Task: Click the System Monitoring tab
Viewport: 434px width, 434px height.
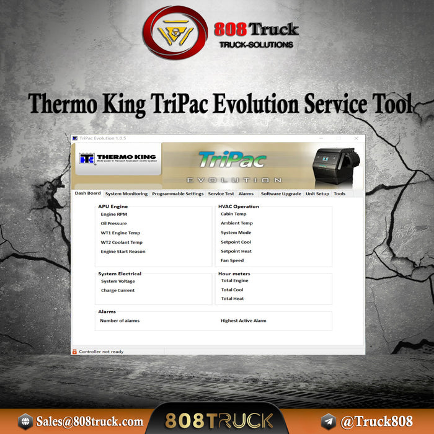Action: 126,194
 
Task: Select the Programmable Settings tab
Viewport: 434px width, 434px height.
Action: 177,194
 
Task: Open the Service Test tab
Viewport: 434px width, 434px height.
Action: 221,194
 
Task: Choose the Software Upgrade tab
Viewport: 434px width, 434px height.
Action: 281,194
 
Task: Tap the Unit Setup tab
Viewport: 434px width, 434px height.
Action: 317,194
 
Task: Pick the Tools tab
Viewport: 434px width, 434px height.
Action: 340,194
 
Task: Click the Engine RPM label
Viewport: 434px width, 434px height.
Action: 114,214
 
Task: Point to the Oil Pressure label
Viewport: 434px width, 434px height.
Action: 113,223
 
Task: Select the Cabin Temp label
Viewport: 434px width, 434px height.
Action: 233,214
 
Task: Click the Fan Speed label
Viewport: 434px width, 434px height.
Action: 232,260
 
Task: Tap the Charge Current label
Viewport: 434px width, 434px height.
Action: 118,290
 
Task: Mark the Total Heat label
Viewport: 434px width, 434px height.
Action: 232,299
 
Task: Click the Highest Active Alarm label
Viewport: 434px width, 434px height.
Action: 244,321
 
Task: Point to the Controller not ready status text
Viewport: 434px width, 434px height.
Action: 101,352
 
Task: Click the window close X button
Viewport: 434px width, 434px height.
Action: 356,138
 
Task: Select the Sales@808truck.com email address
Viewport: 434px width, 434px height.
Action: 89,422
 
